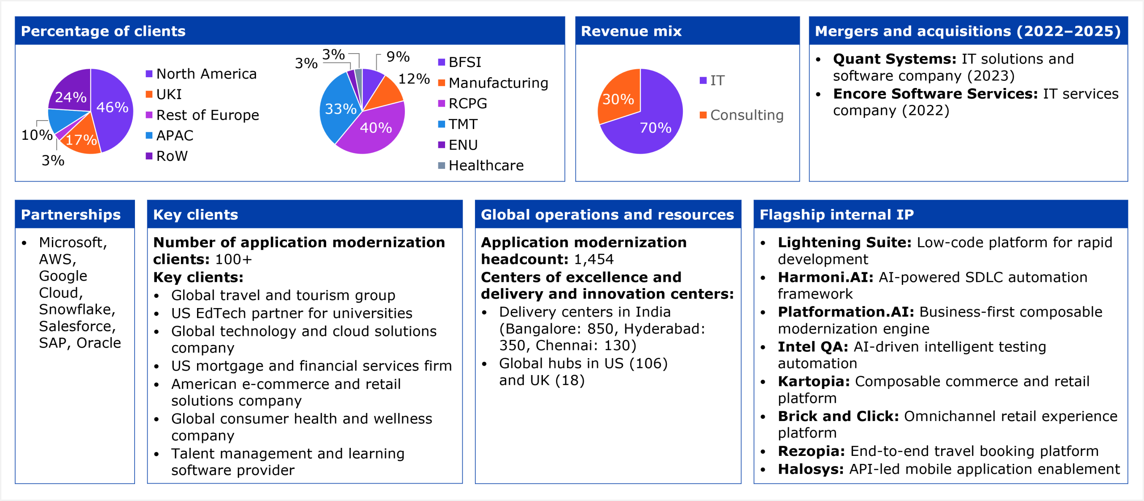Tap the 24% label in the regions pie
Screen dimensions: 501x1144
(x=71, y=97)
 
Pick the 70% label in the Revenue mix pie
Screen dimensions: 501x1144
(x=655, y=128)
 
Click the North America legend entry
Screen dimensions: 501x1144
(x=206, y=74)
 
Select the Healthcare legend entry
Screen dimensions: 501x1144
(x=486, y=166)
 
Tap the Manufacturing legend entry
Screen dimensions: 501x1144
(x=498, y=83)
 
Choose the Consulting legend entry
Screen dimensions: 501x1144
(x=746, y=115)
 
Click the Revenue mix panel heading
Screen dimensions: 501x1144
(x=631, y=31)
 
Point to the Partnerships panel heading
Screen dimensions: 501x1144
(x=71, y=215)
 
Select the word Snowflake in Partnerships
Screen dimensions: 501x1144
(x=76, y=309)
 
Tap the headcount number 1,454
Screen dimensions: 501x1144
(x=593, y=259)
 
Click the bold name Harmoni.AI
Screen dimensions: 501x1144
(x=825, y=277)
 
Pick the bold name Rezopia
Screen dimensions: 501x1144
(x=811, y=451)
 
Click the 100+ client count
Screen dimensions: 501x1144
(x=233, y=259)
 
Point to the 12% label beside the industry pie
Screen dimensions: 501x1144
(x=414, y=79)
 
